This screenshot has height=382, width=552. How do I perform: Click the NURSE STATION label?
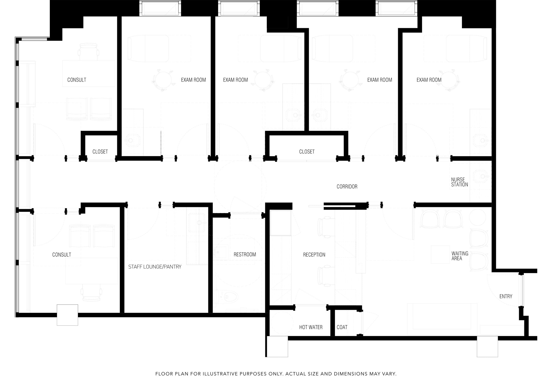point(460,182)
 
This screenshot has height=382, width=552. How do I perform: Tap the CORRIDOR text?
point(347,187)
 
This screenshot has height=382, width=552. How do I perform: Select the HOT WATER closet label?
point(311,327)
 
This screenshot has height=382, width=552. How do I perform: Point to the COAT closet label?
point(342,327)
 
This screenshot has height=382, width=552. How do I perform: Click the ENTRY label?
point(506,296)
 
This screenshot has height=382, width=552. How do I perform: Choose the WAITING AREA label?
point(460,256)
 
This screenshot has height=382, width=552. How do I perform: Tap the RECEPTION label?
point(314,255)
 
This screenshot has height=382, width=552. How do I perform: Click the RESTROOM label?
point(245,254)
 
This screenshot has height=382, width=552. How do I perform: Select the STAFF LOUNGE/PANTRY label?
point(155,267)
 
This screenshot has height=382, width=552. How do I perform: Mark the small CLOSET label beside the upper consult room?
point(100,152)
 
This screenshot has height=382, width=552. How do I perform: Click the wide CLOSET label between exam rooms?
point(307,152)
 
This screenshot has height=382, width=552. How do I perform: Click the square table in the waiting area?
point(440,254)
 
